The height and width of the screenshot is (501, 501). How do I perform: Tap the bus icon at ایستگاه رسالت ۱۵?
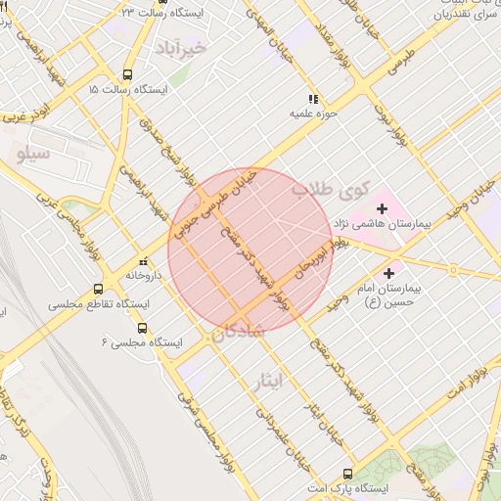(x=127, y=74)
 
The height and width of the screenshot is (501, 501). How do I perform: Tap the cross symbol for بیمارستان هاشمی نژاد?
(x=382, y=207)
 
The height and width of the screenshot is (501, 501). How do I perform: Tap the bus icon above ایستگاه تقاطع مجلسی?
(x=98, y=289)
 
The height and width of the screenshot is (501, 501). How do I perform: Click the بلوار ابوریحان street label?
(x=310, y=270)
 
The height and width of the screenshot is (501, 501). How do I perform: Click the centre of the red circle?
(x=250, y=250)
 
